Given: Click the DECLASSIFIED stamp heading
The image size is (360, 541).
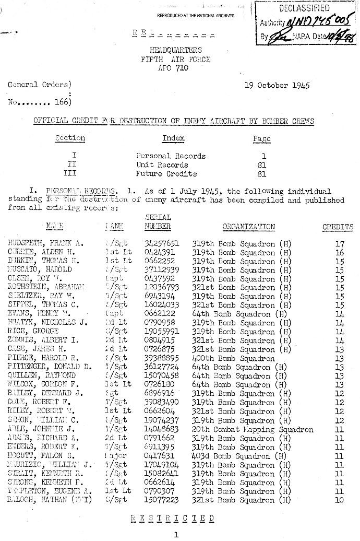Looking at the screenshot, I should point(304,8).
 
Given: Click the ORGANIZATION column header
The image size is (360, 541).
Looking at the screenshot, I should point(248,227).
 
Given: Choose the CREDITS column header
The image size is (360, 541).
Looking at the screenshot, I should point(338,227).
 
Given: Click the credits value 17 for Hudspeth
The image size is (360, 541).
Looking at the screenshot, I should point(340,243).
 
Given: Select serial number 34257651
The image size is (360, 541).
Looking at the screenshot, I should point(162,243).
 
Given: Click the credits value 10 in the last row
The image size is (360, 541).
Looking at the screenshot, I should point(340,500).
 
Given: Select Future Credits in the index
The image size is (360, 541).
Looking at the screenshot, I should point(166,173).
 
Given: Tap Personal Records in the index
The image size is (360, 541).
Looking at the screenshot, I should point(171,156).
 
